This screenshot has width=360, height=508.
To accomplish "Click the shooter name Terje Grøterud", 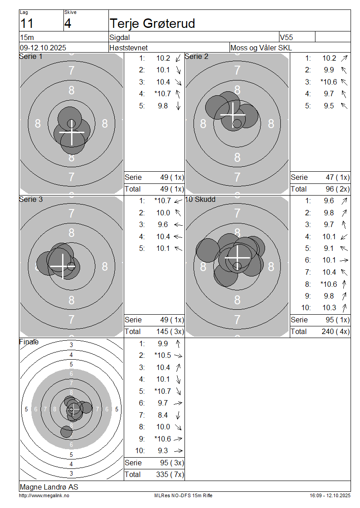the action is click(152, 23).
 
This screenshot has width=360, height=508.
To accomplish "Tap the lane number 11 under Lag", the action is click(27, 24).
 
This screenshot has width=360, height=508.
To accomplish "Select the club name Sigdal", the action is click(120, 37).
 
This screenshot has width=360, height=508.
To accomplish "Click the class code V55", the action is click(286, 37).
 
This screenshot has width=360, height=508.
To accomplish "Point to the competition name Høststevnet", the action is click(128, 48).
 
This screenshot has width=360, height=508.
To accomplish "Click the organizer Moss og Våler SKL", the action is click(261, 48).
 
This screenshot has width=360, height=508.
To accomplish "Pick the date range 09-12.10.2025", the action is click(43, 48).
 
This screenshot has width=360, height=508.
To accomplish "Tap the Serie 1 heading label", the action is click(31, 56).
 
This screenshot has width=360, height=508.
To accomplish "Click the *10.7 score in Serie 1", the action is click(162, 94).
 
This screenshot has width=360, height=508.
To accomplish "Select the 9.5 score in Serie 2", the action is click(328, 106).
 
